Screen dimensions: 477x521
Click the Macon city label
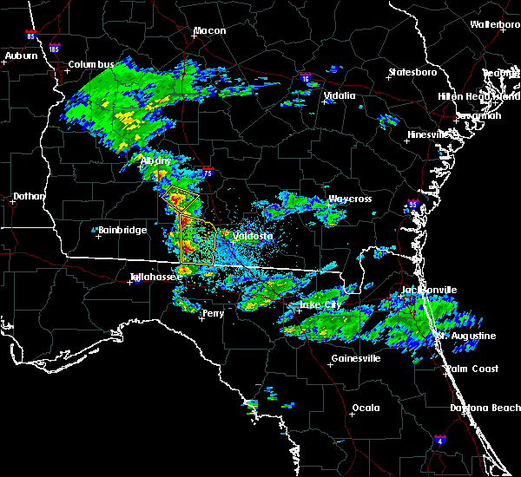[209, 31]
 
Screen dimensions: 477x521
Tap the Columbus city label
[92, 65]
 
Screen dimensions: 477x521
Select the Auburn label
[22, 56]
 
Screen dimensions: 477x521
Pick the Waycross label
[349, 199]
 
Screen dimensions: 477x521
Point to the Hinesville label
[430, 135]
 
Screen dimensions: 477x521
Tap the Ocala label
[366, 408]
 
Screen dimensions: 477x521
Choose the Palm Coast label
[472, 369]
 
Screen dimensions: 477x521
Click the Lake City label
[320, 305]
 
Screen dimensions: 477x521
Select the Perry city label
[213, 314]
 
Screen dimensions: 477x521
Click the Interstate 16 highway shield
[305, 78]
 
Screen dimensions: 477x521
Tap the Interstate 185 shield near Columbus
[55, 49]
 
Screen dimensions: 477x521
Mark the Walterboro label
[495, 25]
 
